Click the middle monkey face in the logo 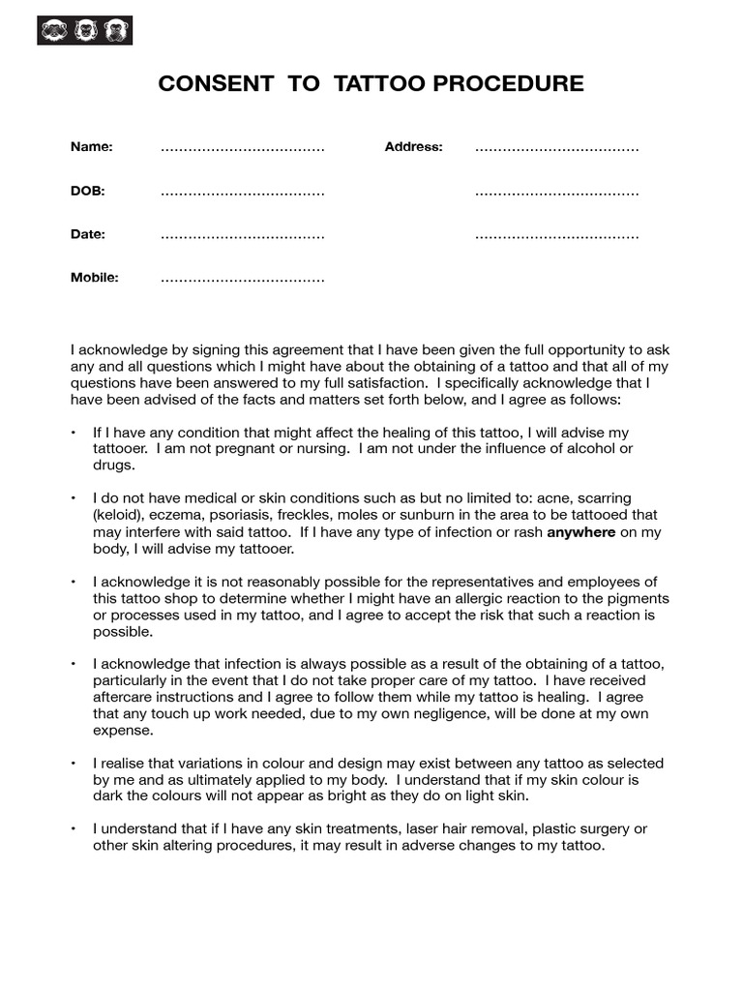click(85, 30)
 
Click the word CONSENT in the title click(215, 84)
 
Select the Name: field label click(92, 147)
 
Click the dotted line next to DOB click(242, 193)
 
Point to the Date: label click(88, 234)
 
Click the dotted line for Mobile click(242, 280)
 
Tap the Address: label click(413, 147)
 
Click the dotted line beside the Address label click(556, 149)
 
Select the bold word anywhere click(580, 532)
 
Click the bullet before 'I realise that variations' click(74, 764)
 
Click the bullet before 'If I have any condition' click(74, 433)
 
